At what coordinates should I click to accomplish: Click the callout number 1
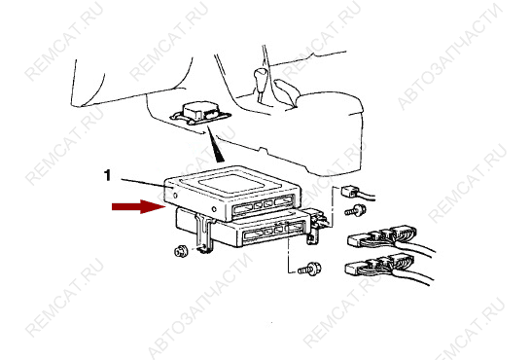[x=107, y=175]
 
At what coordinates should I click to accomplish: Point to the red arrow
[x=138, y=206]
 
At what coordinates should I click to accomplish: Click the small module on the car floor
[x=200, y=113]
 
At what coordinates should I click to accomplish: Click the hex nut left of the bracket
[x=181, y=252]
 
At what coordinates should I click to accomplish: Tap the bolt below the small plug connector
[x=355, y=210]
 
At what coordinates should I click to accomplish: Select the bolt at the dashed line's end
[x=309, y=270]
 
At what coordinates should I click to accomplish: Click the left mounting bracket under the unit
[x=205, y=234]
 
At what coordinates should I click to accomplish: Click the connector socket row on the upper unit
[x=264, y=206]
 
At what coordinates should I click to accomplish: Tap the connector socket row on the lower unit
[x=273, y=232]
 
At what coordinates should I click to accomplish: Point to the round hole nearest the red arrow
[x=175, y=196]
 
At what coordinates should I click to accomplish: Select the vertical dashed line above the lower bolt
[x=288, y=253]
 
